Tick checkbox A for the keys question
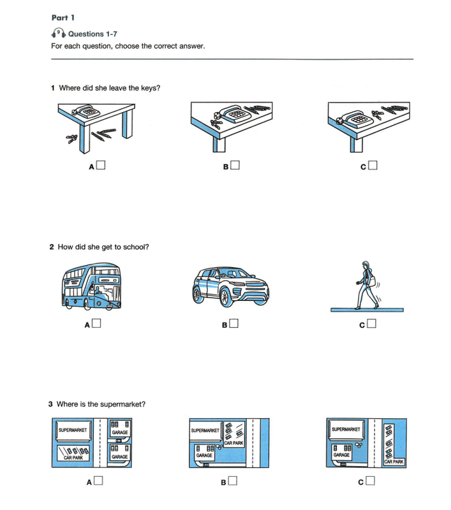pos(101,165)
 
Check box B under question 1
pos(235,165)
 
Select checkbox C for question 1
pos(373,165)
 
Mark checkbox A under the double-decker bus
pos(96,323)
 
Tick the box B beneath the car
pos(233,323)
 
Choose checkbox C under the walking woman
pos(371,323)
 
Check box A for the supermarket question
pos(98,481)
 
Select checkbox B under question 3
pos(232,481)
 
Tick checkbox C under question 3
pos(370,481)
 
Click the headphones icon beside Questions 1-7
pos(59,33)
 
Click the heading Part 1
pos(63,18)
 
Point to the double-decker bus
pos(91,286)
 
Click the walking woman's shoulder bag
pos(373,280)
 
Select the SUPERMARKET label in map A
pos(73,430)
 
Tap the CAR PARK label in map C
pos(394,462)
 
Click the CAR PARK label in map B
pos(233,443)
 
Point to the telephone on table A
pos(86,112)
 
